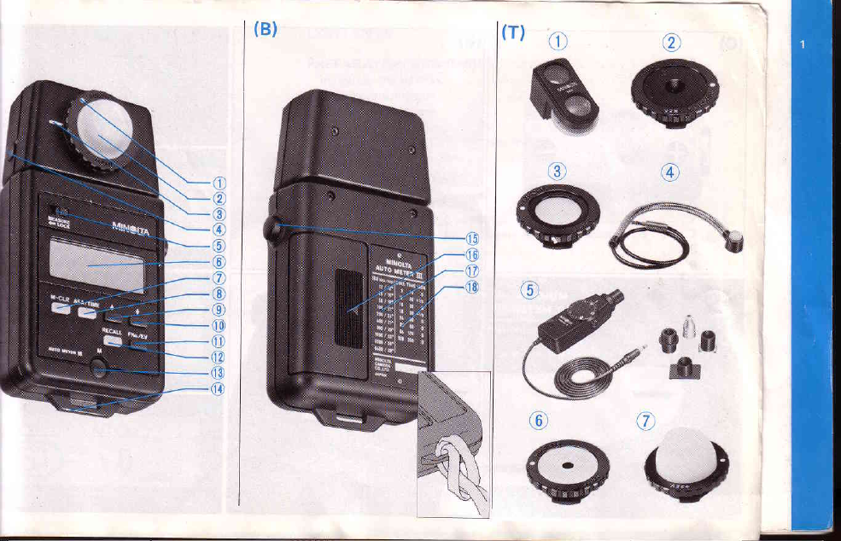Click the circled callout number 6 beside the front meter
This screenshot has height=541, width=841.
point(219,261)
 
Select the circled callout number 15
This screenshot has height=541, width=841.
point(470,239)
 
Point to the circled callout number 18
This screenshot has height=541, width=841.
point(470,288)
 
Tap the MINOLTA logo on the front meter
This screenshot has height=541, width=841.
point(133,228)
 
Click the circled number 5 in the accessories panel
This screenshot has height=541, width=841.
point(530,291)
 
